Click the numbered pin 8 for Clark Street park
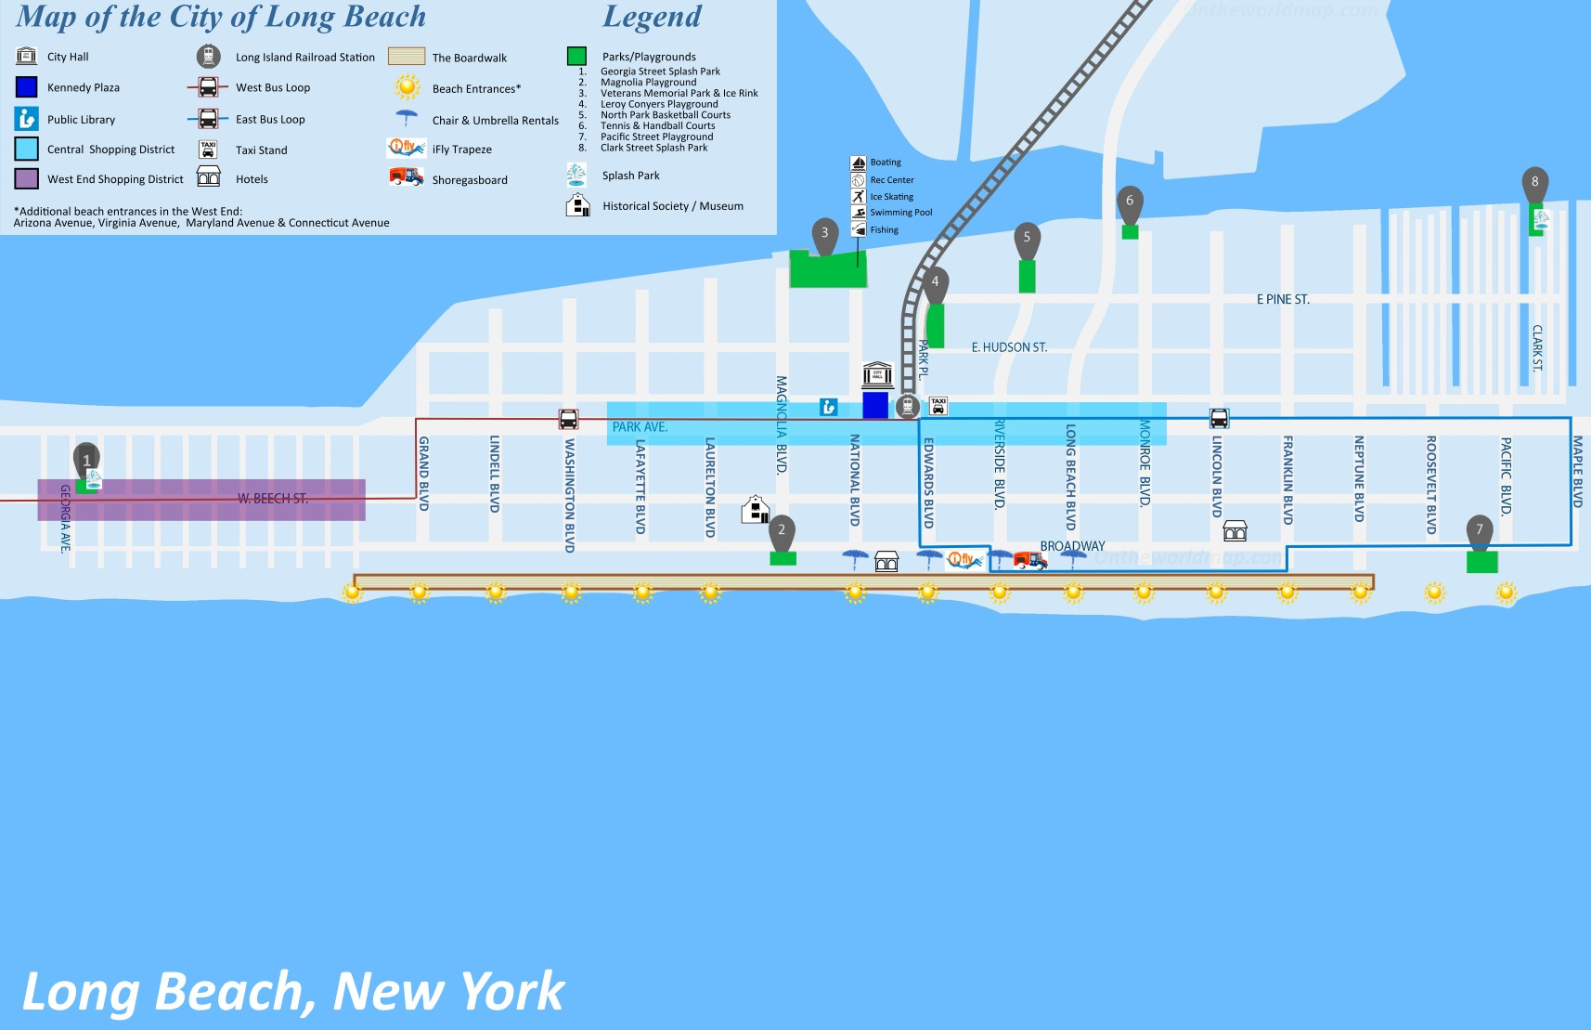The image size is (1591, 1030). (x=1534, y=182)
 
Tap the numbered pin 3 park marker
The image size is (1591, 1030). (x=824, y=234)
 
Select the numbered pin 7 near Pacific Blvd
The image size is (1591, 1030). (x=1480, y=530)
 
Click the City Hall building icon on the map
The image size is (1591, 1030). (x=877, y=374)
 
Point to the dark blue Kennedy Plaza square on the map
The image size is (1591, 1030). (x=875, y=405)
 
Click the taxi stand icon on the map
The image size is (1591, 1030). (x=938, y=406)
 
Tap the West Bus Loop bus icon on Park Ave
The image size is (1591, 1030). (x=568, y=419)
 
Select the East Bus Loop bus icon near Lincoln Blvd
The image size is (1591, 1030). (x=1219, y=418)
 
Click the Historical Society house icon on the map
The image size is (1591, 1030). (x=756, y=509)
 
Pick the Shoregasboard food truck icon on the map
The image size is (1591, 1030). (x=1029, y=559)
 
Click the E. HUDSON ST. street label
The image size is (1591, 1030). (x=1009, y=347)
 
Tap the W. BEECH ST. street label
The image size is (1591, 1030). (x=272, y=499)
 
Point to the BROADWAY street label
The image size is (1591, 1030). (x=1072, y=546)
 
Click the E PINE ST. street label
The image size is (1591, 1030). (x=1283, y=299)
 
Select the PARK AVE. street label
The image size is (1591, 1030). (x=640, y=427)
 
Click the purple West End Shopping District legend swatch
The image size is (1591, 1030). (x=27, y=178)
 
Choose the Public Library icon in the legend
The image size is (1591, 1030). (x=27, y=119)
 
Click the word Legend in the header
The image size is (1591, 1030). (x=652, y=17)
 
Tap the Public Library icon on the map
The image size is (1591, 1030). (x=828, y=407)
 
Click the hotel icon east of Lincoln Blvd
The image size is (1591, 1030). (x=1235, y=530)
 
